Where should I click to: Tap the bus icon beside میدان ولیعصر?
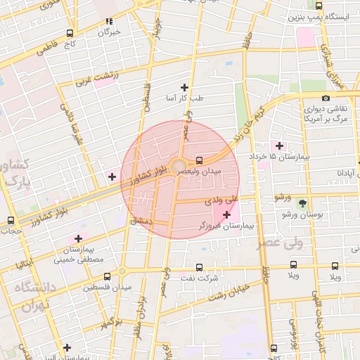200,160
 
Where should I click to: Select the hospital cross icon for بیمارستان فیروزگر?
226,214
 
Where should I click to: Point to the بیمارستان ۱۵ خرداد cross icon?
280,146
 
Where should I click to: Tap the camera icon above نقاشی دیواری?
325,98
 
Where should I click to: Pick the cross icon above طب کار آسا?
185,87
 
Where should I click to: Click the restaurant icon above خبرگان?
108,22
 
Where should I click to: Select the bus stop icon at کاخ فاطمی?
69,33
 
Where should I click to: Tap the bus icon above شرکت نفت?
199,267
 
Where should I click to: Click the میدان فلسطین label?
101,287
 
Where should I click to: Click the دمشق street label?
141,221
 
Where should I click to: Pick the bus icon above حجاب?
11,220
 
